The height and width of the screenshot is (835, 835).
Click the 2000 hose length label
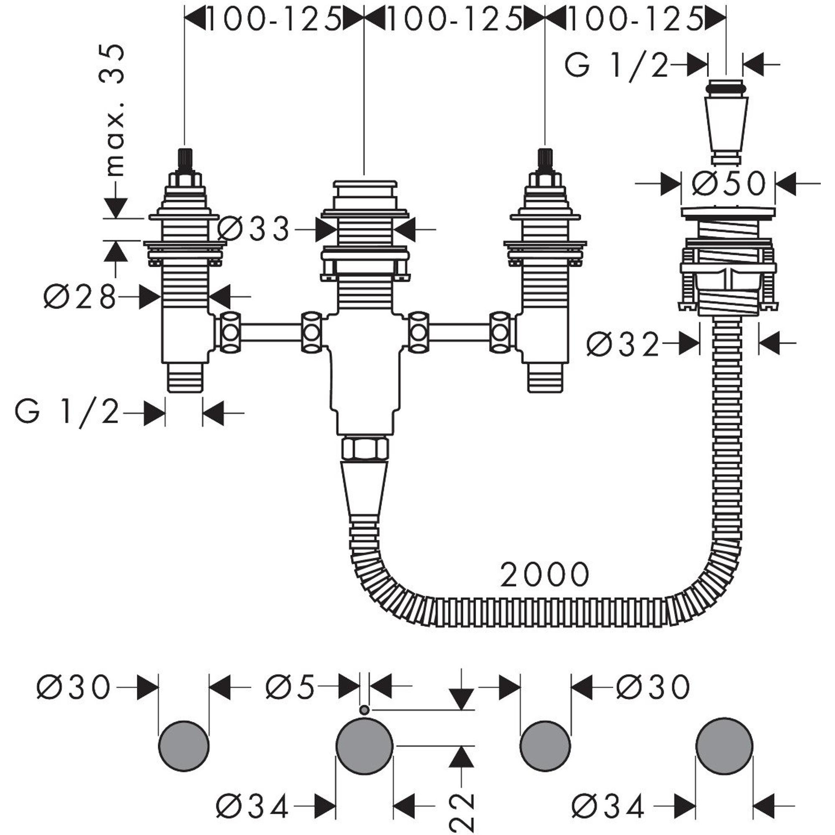544,574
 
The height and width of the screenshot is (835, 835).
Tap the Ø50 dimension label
728,183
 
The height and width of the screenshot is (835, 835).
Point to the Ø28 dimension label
81,297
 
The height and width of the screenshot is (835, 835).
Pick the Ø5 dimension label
290,687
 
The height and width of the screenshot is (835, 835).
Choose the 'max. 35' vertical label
113,110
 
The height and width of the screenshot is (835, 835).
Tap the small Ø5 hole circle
364,710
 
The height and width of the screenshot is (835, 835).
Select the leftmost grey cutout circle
184,746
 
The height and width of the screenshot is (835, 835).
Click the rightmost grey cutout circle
724,746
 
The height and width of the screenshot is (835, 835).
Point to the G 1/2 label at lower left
67,413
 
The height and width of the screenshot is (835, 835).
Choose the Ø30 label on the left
74,687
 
